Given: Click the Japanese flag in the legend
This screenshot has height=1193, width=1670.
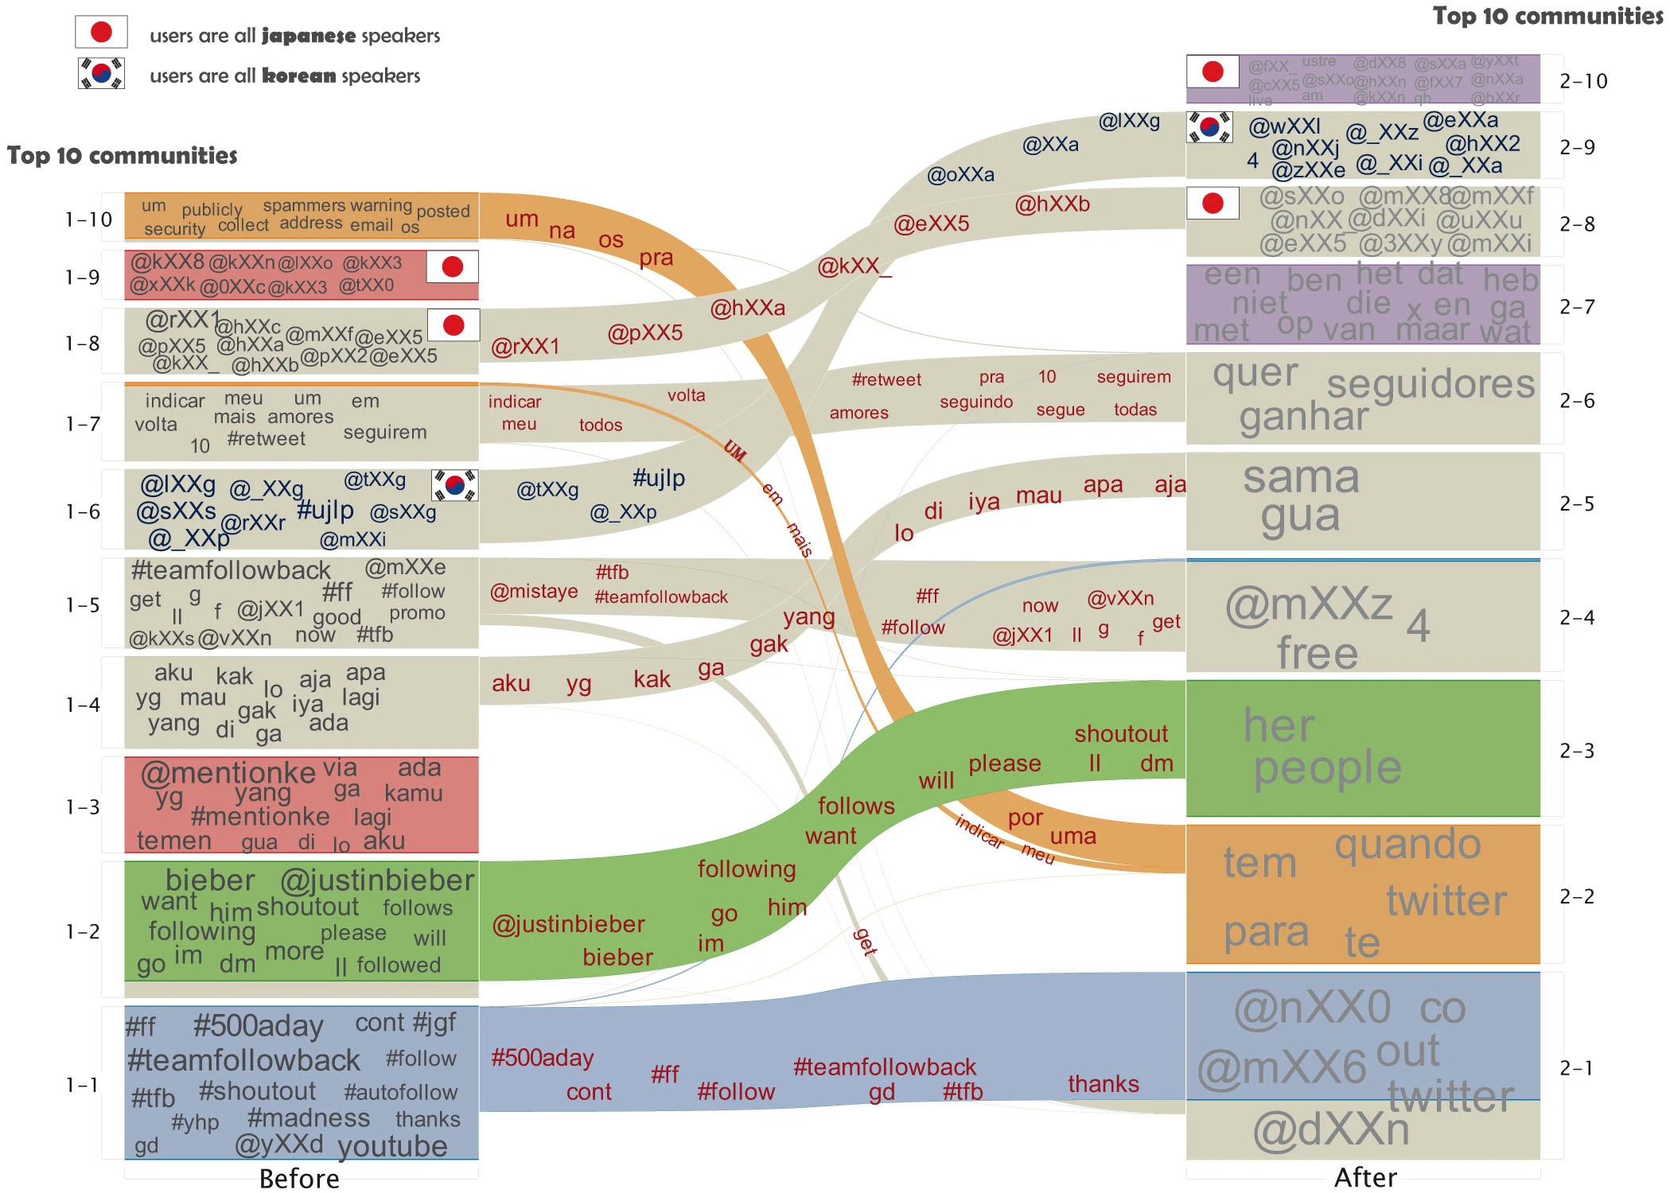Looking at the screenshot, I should [x=101, y=32].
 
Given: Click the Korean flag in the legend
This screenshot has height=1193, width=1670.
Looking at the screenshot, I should [x=101, y=73].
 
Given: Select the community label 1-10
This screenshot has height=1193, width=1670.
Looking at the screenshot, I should [x=88, y=220].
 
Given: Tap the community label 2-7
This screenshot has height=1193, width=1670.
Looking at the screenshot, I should [x=1577, y=307].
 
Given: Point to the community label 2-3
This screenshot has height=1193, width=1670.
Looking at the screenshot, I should [x=1577, y=751].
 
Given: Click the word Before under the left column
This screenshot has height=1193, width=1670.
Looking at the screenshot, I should [x=299, y=1178].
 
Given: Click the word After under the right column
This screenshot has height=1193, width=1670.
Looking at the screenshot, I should [x=1365, y=1177].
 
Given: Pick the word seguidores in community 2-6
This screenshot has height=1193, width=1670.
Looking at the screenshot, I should [x=1431, y=384].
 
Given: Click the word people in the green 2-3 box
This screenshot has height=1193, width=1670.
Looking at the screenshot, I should [x=1327, y=767].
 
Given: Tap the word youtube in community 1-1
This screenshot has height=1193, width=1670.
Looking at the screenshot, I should [x=392, y=1146].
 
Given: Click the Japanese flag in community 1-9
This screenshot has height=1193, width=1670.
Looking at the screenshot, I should [x=452, y=266].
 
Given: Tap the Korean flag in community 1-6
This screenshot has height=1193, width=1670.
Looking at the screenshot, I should [x=454, y=484].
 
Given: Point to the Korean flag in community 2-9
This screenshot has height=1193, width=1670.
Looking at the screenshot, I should [x=1209, y=127].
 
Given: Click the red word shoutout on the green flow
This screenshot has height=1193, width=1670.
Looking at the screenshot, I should [x=1120, y=733].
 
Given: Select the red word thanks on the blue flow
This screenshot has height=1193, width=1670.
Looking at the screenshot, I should [x=1103, y=1084].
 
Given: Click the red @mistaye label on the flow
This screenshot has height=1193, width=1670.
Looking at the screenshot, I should [x=534, y=592].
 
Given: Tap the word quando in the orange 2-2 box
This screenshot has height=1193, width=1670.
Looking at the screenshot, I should [x=1407, y=845].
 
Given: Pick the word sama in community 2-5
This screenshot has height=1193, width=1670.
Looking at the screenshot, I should [x=1301, y=477].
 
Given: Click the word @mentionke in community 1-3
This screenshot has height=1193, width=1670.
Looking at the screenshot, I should [x=228, y=772].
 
